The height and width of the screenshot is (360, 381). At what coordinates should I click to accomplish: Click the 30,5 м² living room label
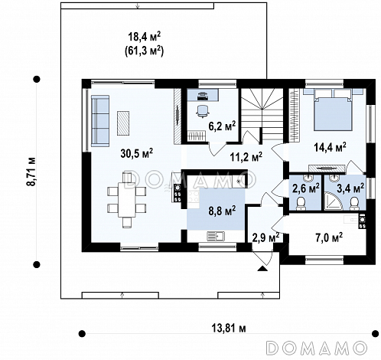click(137, 154)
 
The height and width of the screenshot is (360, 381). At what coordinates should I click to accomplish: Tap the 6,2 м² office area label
click(222, 126)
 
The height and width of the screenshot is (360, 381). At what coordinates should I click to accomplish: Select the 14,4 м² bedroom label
click(330, 147)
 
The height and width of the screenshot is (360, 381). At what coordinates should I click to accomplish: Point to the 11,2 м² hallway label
click(246, 157)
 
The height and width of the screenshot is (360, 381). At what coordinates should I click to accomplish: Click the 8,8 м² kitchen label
click(222, 211)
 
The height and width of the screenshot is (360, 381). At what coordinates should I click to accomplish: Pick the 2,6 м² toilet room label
click(305, 188)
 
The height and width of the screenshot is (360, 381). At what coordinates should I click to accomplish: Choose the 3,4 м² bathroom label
click(350, 188)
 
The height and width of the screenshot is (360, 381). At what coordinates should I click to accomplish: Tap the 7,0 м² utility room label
click(329, 237)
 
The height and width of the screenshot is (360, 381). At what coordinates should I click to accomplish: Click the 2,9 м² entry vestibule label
click(265, 237)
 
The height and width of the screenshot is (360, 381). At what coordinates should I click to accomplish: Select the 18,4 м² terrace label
click(144, 37)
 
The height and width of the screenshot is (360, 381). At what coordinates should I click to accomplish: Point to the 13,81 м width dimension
click(229, 328)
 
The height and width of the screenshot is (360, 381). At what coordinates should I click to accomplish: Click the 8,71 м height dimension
click(32, 172)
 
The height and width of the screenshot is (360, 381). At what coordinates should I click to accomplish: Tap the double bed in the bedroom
click(334, 110)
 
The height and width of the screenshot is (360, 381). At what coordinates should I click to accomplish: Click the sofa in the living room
click(100, 121)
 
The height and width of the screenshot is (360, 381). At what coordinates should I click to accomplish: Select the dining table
click(126, 199)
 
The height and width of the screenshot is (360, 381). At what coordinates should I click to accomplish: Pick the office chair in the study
click(203, 112)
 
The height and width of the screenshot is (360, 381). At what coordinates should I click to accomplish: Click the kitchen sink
click(216, 236)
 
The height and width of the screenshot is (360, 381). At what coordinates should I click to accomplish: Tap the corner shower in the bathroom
click(331, 201)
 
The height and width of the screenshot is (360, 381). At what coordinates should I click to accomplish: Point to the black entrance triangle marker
click(262, 268)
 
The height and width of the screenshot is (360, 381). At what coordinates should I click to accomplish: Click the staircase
click(262, 115)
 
